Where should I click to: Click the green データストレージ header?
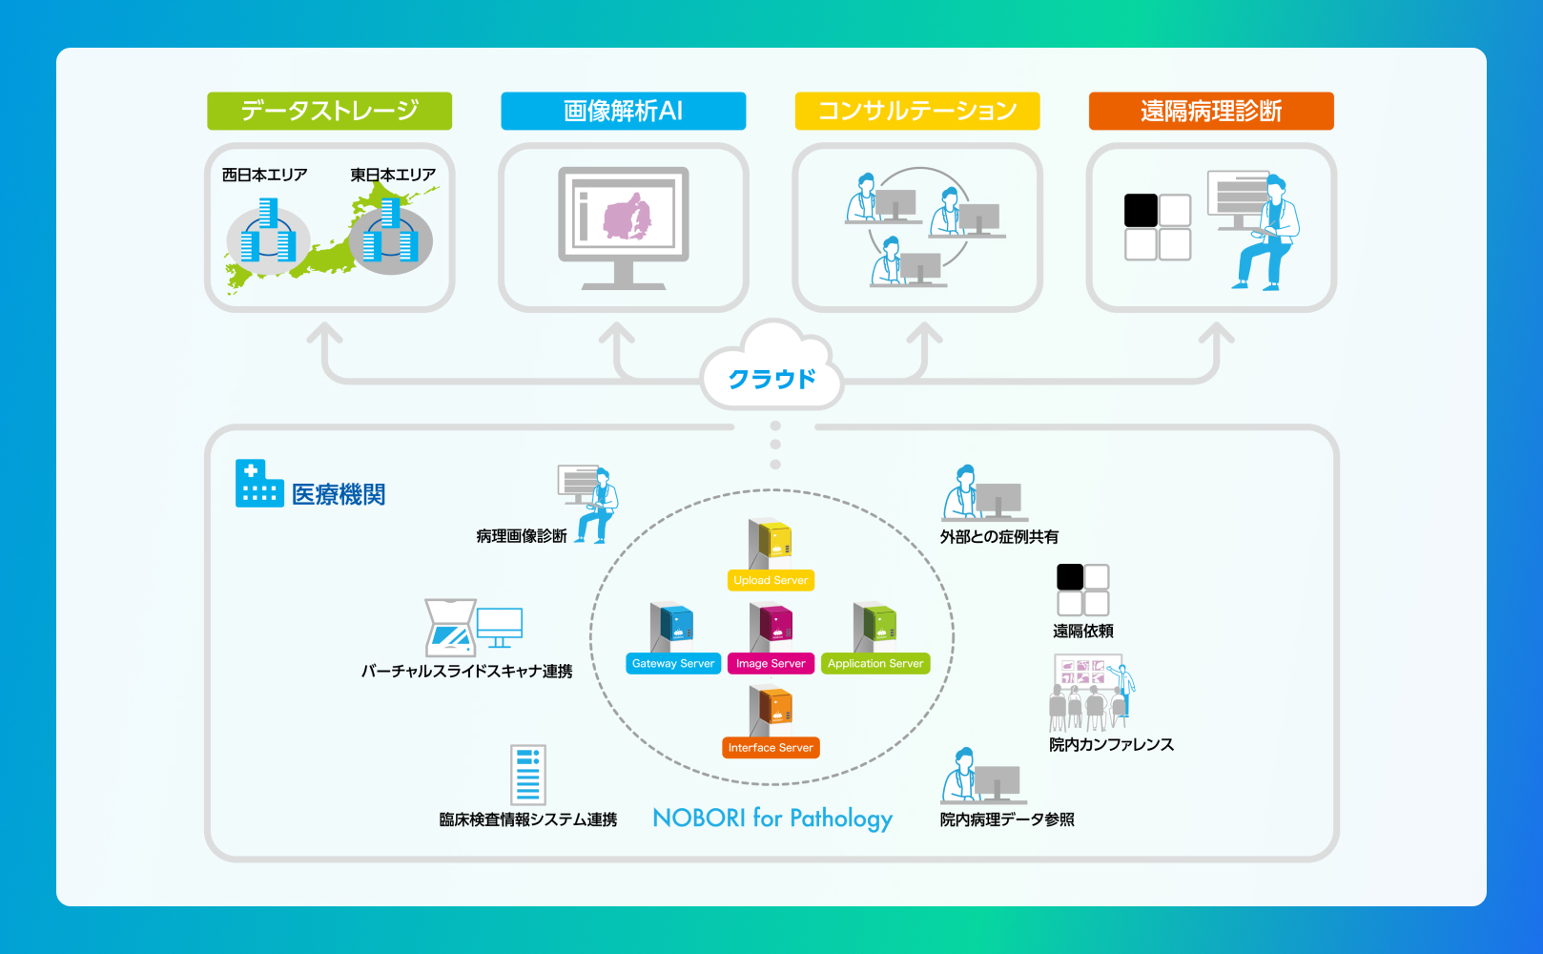click(x=329, y=111)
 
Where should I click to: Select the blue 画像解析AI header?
click(x=623, y=111)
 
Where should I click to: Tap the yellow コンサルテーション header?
click(x=916, y=111)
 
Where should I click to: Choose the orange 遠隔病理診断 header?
click(x=1210, y=111)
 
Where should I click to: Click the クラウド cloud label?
click(x=771, y=379)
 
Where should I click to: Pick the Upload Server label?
click(x=771, y=580)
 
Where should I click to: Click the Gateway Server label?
click(x=672, y=664)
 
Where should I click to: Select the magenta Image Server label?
click(x=771, y=664)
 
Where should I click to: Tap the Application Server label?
click(x=874, y=664)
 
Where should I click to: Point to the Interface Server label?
click(x=771, y=748)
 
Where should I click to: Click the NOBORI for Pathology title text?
click(x=771, y=819)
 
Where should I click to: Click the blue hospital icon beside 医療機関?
click(x=258, y=484)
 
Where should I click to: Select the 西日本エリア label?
click(x=264, y=175)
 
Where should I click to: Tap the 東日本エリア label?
click(x=392, y=175)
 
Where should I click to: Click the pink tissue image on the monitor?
click(x=627, y=218)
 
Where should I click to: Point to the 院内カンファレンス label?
click(x=1111, y=744)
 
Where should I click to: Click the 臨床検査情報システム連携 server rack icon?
click(x=527, y=775)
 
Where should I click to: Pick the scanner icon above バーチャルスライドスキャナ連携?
click(x=450, y=628)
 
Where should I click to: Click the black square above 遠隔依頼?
click(x=1070, y=577)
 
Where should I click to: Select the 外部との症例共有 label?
click(x=998, y=537)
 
